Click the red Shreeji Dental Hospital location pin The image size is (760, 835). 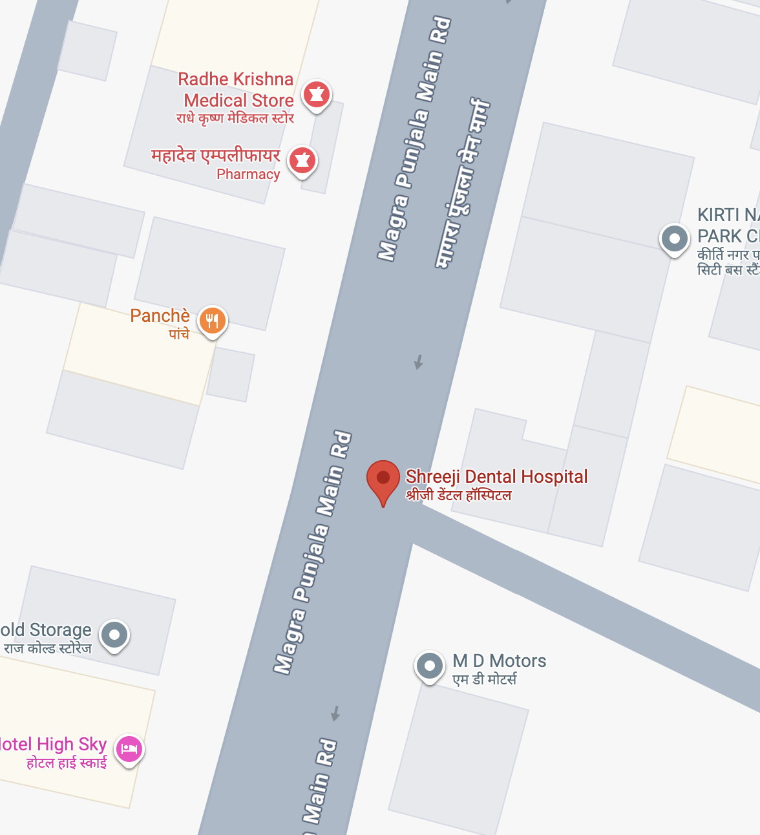coord(383,480)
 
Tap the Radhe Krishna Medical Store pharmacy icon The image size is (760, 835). coord(316,94)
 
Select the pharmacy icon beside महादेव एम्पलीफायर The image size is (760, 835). coord(302,159)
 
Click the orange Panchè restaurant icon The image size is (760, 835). coord(212,320)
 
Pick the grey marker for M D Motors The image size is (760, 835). coord(429,665)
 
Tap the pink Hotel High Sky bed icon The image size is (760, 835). coord(129,749)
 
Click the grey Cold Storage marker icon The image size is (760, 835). coord(114,634)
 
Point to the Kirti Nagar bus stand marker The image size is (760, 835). coord(674,238)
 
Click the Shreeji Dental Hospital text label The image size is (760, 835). coord(496,477)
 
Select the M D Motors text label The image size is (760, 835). coord(499,661)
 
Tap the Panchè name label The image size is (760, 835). coord(160,315)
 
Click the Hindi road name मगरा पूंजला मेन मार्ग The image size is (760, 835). coord(463,184)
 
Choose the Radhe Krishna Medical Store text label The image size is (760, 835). coord(237,90)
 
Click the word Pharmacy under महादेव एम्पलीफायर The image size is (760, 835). coord(248,174)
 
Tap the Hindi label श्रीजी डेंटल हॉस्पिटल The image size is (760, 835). coord(458,496)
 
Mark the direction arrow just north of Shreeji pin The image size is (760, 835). coord(419,361)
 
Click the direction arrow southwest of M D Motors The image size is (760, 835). coord(335,713)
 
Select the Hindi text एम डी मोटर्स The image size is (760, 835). coord(484,679)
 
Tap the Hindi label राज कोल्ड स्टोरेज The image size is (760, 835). coord(48,648)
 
